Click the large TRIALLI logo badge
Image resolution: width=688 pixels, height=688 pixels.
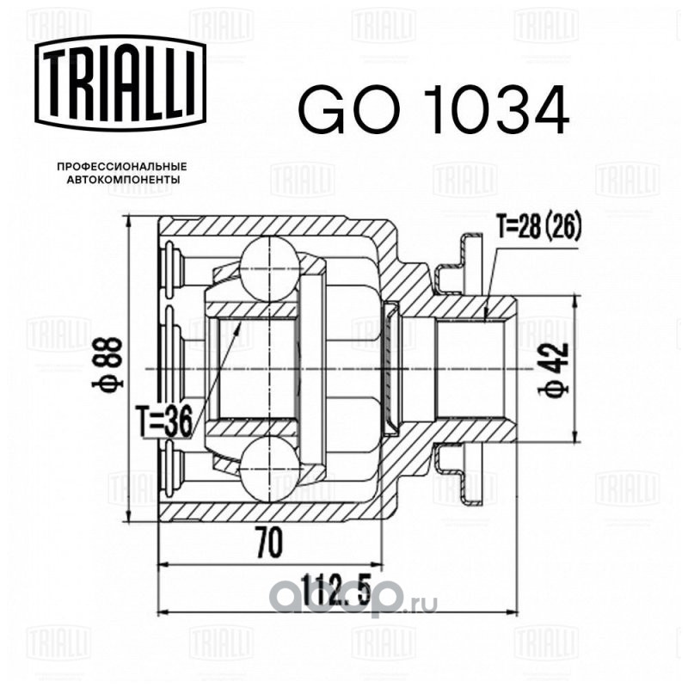tap(120, 83)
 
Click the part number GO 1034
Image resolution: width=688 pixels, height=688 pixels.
tap(433, 109)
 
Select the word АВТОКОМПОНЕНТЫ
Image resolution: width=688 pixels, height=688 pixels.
tap(122, 180)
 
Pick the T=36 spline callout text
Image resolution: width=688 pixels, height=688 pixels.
tap(163, 421)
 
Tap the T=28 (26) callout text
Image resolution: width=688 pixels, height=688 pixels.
tap(539, 226)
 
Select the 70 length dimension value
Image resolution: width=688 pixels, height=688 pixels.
tap(268, 543)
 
